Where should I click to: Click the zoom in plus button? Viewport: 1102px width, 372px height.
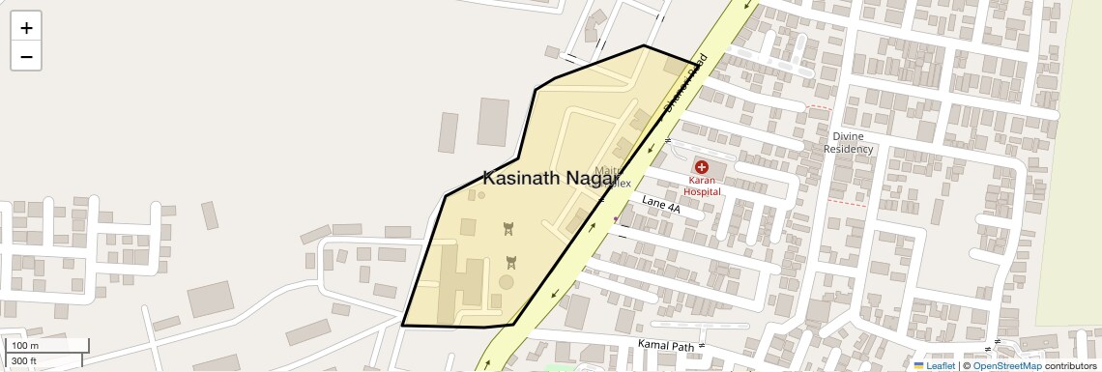coord(26,28)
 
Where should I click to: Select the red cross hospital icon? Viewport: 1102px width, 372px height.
coord(702,167)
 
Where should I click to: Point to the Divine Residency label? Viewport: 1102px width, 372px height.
coord(848,143)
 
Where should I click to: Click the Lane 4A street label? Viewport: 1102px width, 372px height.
coord(661,203)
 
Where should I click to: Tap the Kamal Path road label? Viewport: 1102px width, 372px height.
coord(667,345)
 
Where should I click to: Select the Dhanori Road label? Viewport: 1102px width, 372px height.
coord(686,82)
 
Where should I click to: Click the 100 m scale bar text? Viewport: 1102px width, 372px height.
coord(25,346)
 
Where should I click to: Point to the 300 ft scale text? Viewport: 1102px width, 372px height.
coord(25,361)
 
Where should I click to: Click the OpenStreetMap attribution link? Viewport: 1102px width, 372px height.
coord(1006,365)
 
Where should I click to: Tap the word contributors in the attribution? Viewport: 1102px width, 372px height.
coord(1070,365)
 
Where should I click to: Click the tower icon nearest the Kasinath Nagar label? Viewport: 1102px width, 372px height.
coord(507,228)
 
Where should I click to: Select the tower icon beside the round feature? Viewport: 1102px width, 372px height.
coord(511,261)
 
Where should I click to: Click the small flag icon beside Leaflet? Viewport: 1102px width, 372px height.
coord(918,365)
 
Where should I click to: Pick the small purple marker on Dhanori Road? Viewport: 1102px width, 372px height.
coord(616,220)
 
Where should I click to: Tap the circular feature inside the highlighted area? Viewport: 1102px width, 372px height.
coord(507,282)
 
